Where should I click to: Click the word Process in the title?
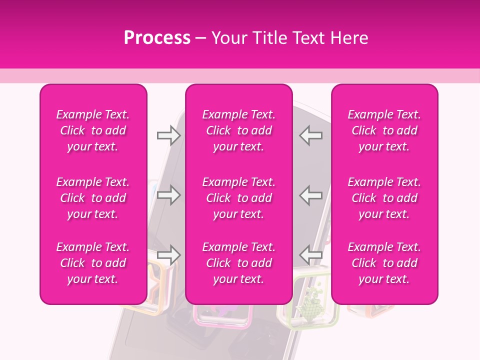[x=157, y=38]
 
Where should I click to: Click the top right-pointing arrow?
[x=168, y=135]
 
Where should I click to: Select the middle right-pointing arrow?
[x=168, y=195]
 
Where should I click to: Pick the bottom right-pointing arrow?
[x=168, y=255]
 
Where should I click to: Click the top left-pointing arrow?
[x=310, y=135]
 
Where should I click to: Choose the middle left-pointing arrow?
[x=310, y=195]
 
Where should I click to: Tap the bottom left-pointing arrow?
[x=310, y=255]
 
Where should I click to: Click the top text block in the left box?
[x=93, y=130]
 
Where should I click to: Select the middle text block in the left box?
[x=93, y=198]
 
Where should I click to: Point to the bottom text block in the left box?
[x=93, y=263]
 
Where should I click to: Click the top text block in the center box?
[x=238, y=130]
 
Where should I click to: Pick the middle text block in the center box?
[x=238, y=198]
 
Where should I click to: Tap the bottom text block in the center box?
[x=238, y=263]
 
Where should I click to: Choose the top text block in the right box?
[x=384, y=130]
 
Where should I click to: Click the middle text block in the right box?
[x=384, y=198]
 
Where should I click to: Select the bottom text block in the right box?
[x=384, y=263]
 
